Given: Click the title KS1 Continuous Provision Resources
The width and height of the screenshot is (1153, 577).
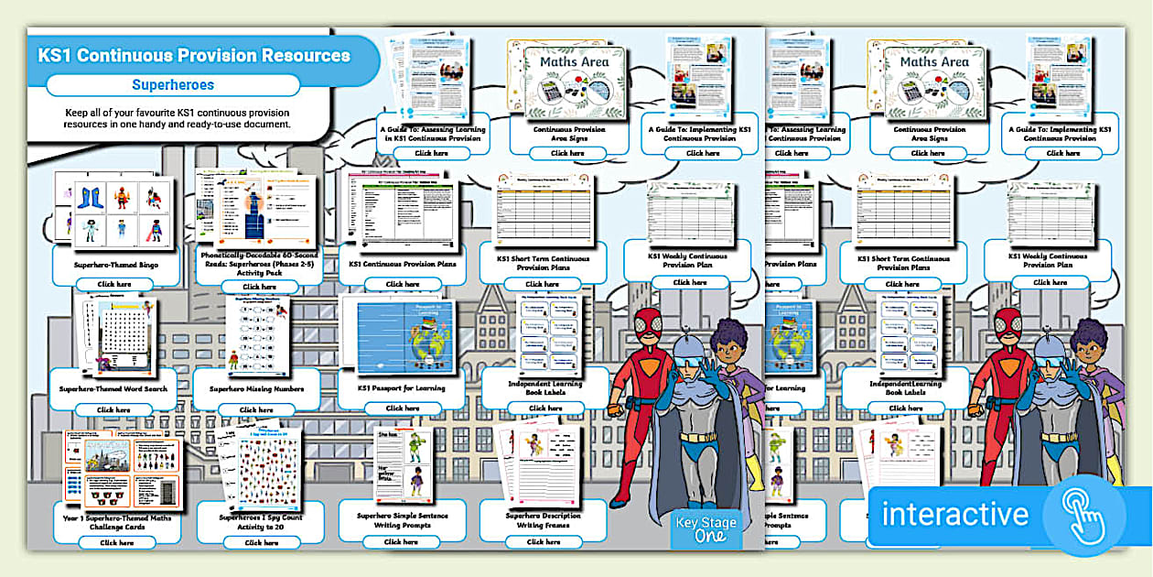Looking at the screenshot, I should (194, 56).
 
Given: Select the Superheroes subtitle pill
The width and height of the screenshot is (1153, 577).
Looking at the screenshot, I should (173, 85).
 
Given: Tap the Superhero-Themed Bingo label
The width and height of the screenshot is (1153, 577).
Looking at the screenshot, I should (115, 264).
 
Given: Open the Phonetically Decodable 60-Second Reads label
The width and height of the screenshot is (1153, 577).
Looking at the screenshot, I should (261, 261).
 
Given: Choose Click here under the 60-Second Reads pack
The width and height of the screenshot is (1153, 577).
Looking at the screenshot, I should (261, 287).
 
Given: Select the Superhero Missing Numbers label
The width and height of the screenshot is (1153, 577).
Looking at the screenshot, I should (257, 388).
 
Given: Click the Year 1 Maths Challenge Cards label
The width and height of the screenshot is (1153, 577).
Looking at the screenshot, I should (116, 518).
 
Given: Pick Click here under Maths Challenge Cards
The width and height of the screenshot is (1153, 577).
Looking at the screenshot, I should (116, 543).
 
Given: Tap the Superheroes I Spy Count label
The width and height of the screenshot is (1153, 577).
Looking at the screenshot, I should (261, 518).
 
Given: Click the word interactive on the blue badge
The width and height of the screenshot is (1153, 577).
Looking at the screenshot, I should (954, 514).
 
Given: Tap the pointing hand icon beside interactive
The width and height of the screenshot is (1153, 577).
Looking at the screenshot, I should (1085, 515).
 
